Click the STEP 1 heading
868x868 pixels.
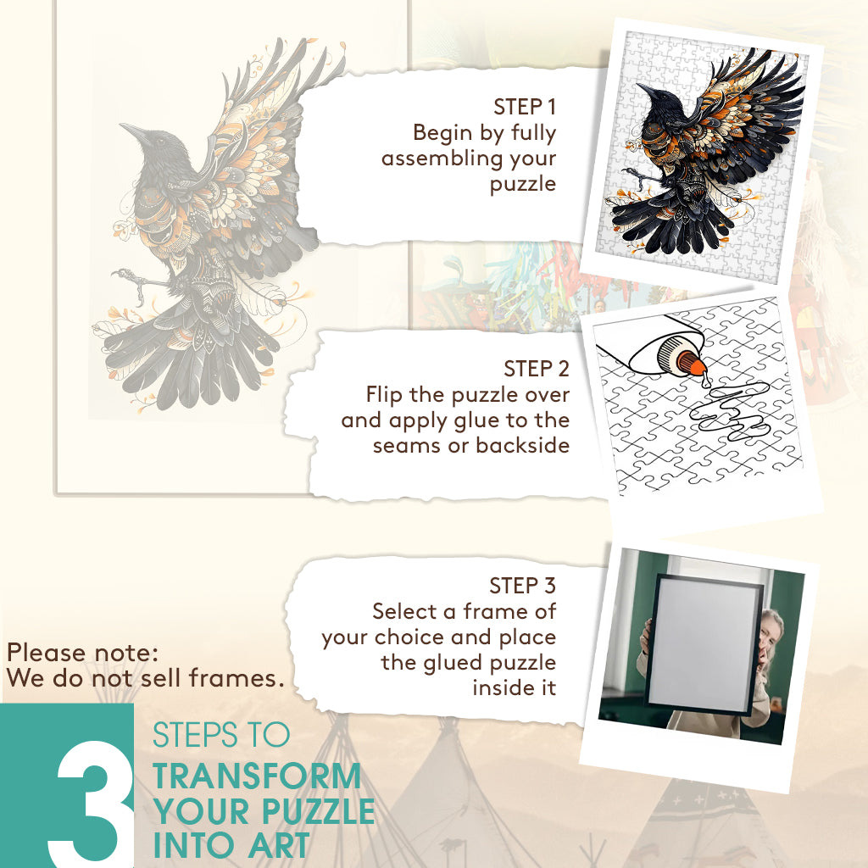click(x=524, y=108)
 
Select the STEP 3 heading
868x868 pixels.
click(x=522, y=586)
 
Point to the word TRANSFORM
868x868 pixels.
click(x=257, y=776)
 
